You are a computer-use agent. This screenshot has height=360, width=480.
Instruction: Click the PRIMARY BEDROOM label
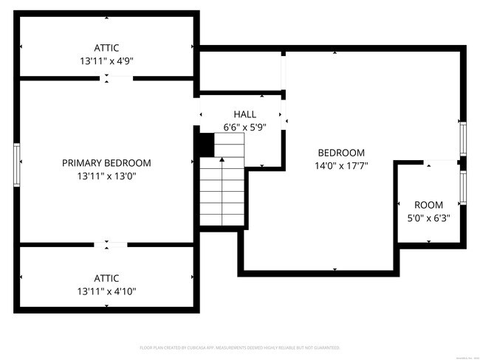coord(106,163)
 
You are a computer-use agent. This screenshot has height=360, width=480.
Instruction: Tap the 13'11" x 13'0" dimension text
coord(106,176)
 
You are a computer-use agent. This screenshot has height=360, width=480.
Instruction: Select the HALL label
coord(244,114)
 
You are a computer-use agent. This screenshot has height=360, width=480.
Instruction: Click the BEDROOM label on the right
coord(341,153)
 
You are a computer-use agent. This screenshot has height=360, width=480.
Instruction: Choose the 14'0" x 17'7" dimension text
coord(341,166)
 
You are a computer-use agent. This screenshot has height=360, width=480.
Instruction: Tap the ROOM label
coord(428,205)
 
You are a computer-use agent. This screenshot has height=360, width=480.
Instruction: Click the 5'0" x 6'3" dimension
coord(428,218)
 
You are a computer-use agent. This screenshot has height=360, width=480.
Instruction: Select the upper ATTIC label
coord(106,48)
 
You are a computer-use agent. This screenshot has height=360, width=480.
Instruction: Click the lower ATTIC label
coord(106,278)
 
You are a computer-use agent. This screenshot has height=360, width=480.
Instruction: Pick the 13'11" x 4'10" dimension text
coord(106,291)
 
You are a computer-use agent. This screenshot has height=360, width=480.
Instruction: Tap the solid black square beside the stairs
coord(204,144)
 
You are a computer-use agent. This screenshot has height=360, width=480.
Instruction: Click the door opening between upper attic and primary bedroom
coord(107,77)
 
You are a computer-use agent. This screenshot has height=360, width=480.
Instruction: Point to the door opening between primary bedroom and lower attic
coord(110,243)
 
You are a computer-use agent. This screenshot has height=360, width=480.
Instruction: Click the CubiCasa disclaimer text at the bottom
coord(239,347)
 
